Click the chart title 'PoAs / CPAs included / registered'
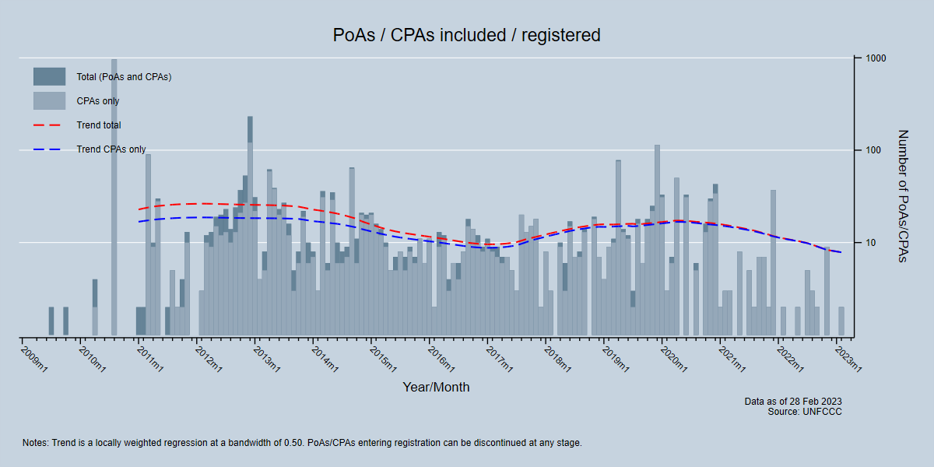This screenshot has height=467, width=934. tap(467, 35)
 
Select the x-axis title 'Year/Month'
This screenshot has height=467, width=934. tap(436, 387)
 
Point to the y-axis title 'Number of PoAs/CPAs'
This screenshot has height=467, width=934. tap(903, 196)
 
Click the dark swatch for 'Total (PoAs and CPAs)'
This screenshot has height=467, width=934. tap(49, 77)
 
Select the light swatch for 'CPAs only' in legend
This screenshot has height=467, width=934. tap(49, 101)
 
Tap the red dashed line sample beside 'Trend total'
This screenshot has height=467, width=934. tap(49, 125)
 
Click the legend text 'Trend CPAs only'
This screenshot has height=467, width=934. tap(111, 149)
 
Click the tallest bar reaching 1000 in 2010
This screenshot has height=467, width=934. tap(114, 195)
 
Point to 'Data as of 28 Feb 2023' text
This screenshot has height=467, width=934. tap(792, 402)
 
